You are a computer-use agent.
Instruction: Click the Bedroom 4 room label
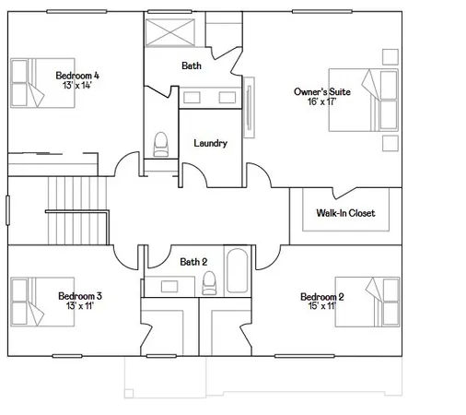(77, 75)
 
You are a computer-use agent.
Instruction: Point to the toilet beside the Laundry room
(162, 144)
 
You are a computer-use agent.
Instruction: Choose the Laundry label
(210, 143)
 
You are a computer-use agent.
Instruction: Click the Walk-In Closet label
(345, 213)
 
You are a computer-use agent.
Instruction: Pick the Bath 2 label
(193, 261)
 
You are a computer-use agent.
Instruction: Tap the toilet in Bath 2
(209, 282)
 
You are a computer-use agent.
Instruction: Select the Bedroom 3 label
(79, 296)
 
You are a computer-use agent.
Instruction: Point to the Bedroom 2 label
(322, 296)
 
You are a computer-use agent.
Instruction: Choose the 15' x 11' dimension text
(320, 307)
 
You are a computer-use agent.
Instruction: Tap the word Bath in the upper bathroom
(192, 65)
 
